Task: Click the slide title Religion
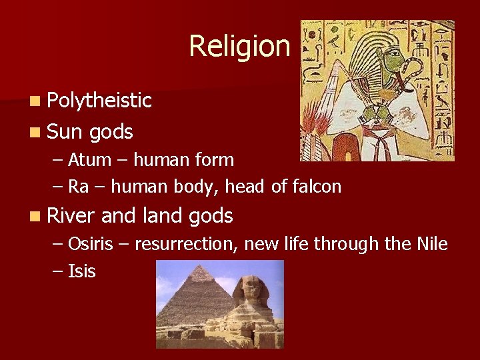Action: pyautogui.click(x=239, y=46)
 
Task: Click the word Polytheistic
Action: pyautogui.click(x=99, y=101)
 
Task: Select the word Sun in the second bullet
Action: pyautogui.click(x=65, y=131)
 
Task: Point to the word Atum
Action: pyautogui.click(x=85, y=160)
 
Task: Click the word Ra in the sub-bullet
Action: pyautogui.click(x=78, y=187)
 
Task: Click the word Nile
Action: pyautogui.click(x=431, y=244)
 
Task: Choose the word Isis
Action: pyautogui.click(x=82, y=271)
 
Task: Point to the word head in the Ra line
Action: pyautogui.click(x=246, y=187)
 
